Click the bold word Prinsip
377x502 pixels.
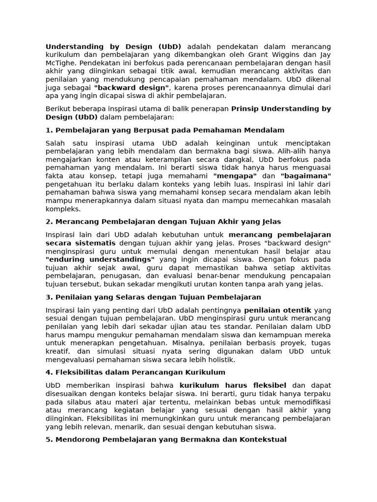pos(246,109)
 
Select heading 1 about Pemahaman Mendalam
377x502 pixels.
pos(165,130)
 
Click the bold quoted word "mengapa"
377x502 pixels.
pos(235,176)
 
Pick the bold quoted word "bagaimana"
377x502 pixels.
pos(305,176)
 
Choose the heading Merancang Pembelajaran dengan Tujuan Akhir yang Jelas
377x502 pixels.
pos(163,222)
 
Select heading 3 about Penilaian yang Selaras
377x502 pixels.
pos(153,297)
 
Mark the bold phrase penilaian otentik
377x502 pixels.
pos(277,310)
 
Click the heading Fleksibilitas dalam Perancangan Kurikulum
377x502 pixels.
pos(135,372)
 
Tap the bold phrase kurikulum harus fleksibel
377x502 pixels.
pos(233,385)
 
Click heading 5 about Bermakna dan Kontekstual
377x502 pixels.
pos(166,439)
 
